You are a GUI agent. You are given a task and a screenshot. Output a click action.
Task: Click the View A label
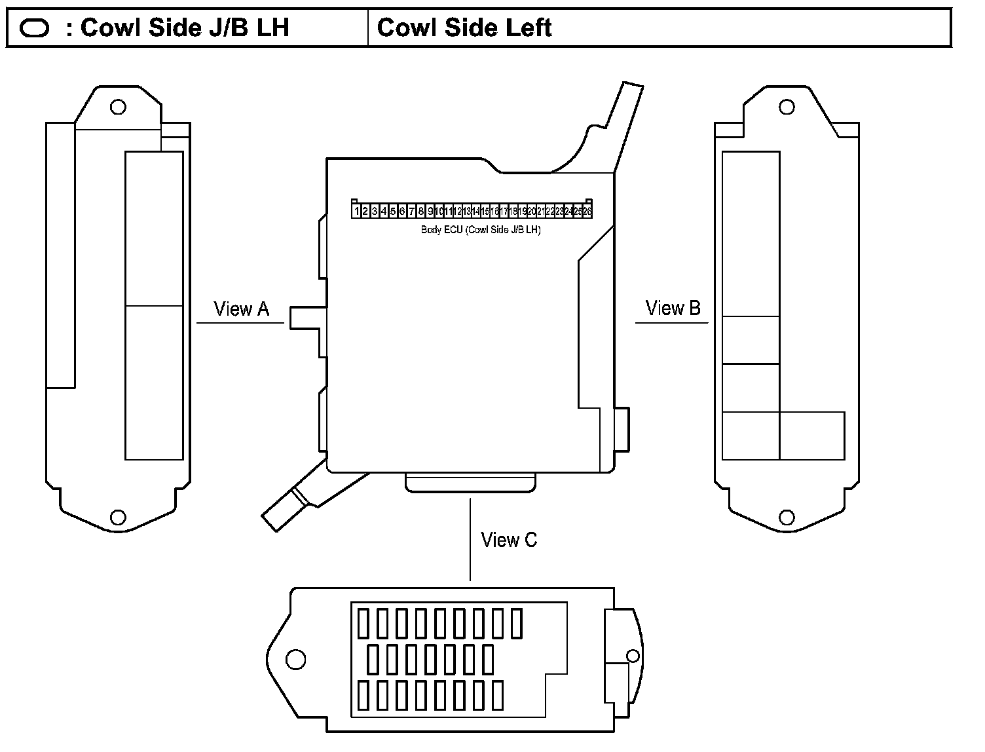click(241, 309)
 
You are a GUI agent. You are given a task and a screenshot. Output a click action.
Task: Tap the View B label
click(673, 308)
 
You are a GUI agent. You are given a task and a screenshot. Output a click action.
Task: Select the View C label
click(509, 540)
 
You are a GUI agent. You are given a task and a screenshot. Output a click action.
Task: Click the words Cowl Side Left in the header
click(464, 28)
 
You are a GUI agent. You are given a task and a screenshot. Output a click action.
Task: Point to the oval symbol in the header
click(35, 28)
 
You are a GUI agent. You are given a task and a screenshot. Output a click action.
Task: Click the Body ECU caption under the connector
click(481, 230)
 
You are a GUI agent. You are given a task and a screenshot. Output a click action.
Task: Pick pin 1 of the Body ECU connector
click(357, 212)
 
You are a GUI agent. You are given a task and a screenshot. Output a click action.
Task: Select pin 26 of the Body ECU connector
click(587, 212)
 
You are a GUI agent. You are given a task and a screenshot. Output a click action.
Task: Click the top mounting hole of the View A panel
click(118, 107)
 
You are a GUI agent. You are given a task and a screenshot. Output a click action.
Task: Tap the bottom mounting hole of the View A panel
click(118, 517)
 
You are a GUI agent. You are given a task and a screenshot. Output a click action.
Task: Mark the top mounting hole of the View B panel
click(787, 107)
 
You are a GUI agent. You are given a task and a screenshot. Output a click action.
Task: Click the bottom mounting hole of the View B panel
click(787, 517)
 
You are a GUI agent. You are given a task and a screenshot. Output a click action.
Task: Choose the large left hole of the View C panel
click(296, 659)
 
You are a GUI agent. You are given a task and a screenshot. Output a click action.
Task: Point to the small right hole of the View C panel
click(633, 656)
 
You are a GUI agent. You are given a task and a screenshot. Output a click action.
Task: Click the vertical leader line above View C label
click(470, 538)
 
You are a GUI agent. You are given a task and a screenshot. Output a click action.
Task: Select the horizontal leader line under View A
click(240, 323)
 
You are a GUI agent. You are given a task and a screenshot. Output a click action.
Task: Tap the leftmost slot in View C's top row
click(363, 624)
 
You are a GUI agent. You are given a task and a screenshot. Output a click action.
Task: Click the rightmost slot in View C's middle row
click(488, 660)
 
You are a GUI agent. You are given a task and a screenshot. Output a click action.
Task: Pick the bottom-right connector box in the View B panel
click(812, 436)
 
